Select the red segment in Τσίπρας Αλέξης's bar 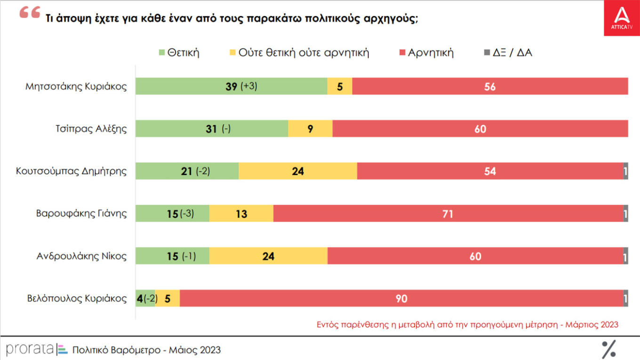[x=480, y=128]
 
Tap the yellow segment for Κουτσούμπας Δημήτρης [x=297, y=171]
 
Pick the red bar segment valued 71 [x=448, y=214]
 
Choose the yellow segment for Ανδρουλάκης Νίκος [x=268, y=256]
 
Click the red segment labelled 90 [x=401, y=298]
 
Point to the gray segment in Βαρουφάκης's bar [x=625, y=214]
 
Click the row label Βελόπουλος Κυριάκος [x=77, y=298]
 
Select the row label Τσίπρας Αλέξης [x=91, y=128]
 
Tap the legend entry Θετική [x=179, y=52]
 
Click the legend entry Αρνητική [x=425, y=52]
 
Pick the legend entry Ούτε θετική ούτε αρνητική [x=299, y=52]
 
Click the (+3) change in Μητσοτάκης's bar [x=248, y=87]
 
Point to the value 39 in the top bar [x=231, y=87]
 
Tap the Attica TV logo [x=622, y=18]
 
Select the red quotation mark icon [x=30, y=14]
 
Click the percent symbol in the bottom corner [x=608, y=349]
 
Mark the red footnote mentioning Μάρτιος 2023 [x=467, y=325]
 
